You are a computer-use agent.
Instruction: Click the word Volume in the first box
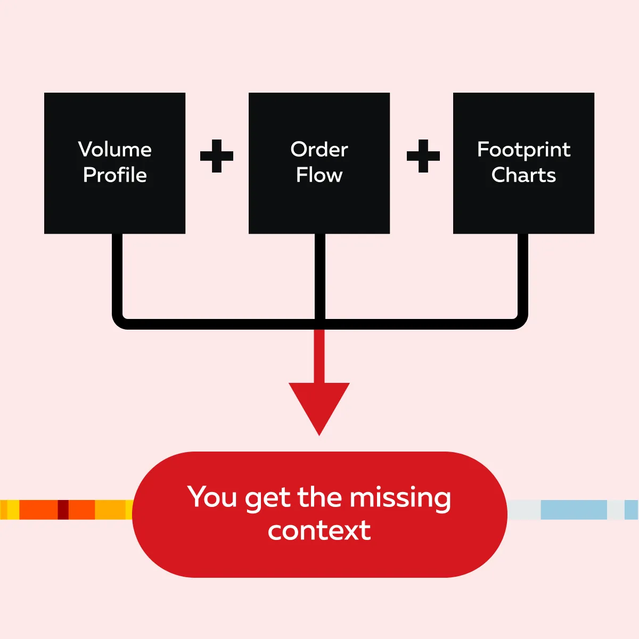tap(114, 149)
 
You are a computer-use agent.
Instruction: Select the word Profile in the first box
tap(114, 175)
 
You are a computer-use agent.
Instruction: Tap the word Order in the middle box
tap(319, 149)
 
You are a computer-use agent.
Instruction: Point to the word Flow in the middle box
tap(319, 175)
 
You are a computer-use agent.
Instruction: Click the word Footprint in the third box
tap(523, 150)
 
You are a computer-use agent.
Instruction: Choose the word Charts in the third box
tap(523, 175)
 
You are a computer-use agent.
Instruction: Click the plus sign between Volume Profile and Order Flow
tap(217, 156)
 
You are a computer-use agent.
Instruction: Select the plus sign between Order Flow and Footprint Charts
tap(423, 156)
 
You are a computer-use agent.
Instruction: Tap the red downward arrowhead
tap(319, 405)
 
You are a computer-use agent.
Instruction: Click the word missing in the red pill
tap(400, 498)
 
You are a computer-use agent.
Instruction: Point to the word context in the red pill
tap(319, 530)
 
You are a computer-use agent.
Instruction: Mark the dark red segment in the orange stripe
tap(63, 510)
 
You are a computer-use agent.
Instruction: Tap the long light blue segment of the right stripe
tap(574, 510)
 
